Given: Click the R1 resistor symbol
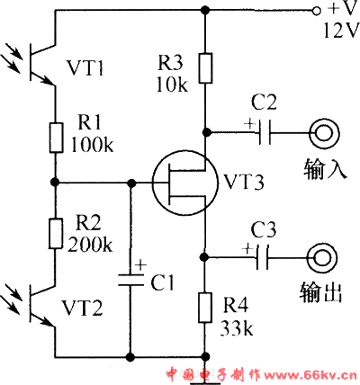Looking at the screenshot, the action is [x=57, y=138].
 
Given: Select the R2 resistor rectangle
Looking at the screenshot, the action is [x=56, y=234].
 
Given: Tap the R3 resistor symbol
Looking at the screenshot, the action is [x=205, y=68].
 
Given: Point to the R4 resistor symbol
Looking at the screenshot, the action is [x=205, y=308].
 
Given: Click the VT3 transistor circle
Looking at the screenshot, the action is [x=153, y=183].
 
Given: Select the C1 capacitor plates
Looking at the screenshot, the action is [x=130, y=280].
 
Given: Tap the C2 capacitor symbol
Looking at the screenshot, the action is [x=265, y=132].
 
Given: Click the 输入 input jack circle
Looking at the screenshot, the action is [x=324, y=119].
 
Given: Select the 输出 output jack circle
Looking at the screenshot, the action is [x=322, y=244].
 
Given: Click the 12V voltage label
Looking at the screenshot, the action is [x=341, y=31].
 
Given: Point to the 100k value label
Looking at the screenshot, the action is [x=92, y=146].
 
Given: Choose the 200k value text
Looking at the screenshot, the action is [x=90, y=245].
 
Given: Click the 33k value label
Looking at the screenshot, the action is [x=237, y=328].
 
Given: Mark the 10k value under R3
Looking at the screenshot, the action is [x=172, y=85].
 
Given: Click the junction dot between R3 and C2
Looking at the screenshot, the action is [x=205, y=132].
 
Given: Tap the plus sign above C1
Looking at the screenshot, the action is [x=140, y=265].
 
